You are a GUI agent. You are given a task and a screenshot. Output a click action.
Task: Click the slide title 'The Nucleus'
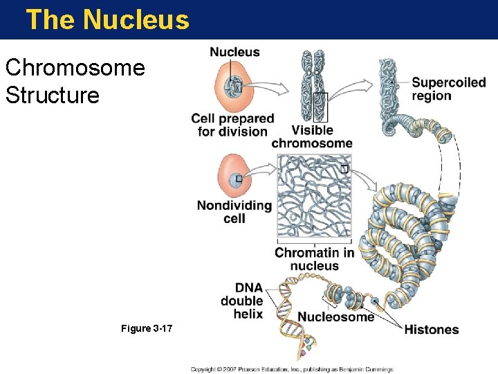[x=107, y=19]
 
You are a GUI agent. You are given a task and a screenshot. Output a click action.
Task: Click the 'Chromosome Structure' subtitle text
[x=75, y=81]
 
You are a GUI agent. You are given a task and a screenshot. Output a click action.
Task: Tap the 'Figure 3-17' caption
[x=147, y=328]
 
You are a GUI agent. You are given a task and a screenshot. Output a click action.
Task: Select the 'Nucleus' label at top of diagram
[x=234, y=52]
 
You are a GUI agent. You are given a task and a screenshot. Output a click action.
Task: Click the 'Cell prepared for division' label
[x=232, y=125]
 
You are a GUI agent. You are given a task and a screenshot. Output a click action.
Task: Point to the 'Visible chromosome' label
[x=311, y=136]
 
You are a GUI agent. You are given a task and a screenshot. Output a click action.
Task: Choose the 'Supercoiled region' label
[x=448, y=89]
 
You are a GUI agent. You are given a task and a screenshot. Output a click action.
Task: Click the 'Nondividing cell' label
[x=234, y=212]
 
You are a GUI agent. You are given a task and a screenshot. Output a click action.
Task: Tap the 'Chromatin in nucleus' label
[x=314, y=259]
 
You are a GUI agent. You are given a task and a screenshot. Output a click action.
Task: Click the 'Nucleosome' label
[x=335, y=317]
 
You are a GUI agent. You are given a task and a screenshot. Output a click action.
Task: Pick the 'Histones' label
[x=431, y=329]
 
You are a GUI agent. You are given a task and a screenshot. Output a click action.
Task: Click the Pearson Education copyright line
[x=292, y=369]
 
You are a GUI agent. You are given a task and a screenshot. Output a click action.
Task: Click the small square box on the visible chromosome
[x=320, y=107]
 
